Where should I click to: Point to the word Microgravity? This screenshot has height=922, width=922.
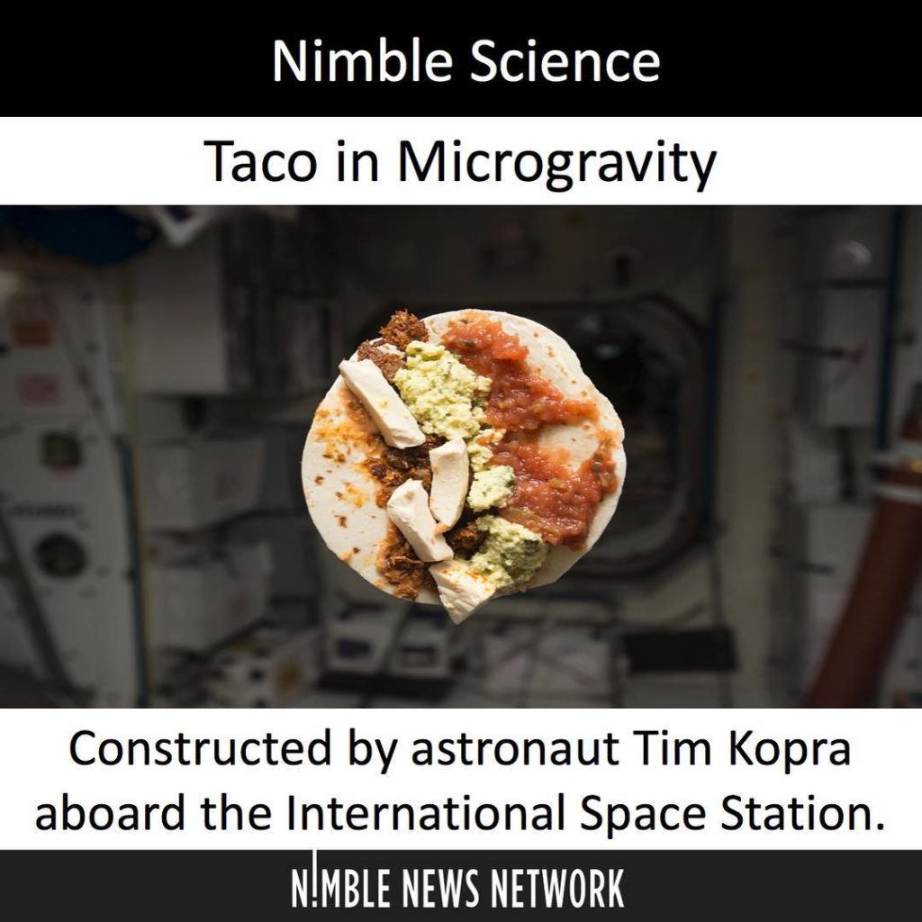(x=556, y=163)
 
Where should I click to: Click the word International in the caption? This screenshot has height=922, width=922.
(x=425, y=813)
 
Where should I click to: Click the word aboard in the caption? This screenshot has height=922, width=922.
(x=110, y=813)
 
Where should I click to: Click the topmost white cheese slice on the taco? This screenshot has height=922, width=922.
(x=381, y=402)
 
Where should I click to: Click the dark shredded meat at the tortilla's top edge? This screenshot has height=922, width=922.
(x=403, y=330)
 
